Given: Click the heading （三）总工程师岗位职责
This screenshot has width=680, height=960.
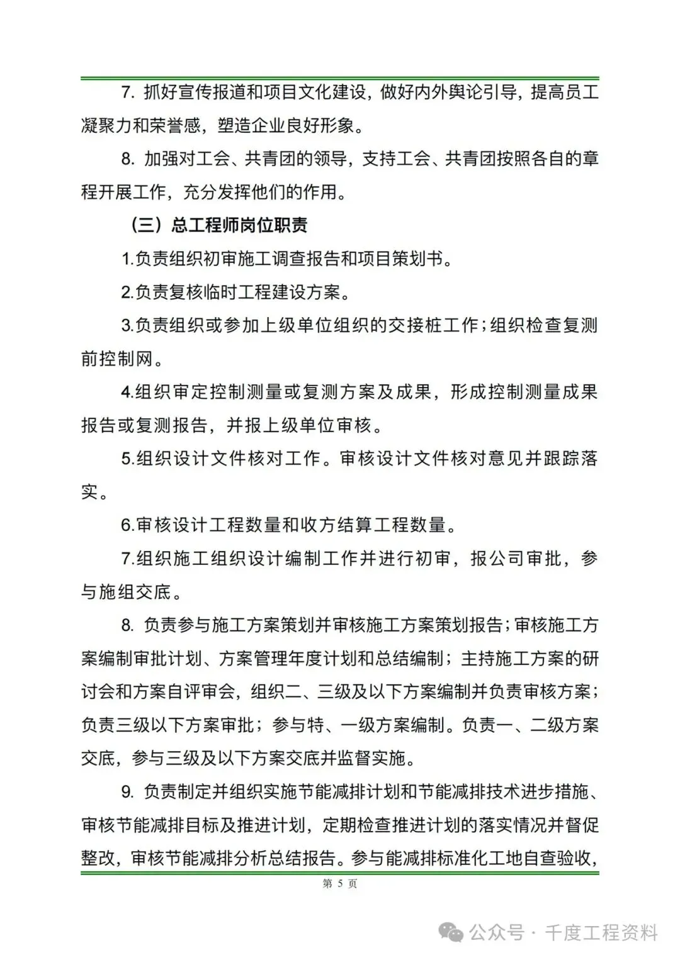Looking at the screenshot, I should tap(219, 226).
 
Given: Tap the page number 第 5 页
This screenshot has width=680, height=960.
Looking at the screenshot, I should tap(340, 884).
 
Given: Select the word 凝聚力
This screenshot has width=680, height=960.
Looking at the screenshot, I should tap(106, 126).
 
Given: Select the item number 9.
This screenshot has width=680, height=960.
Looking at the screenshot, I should tap(127, 791).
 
